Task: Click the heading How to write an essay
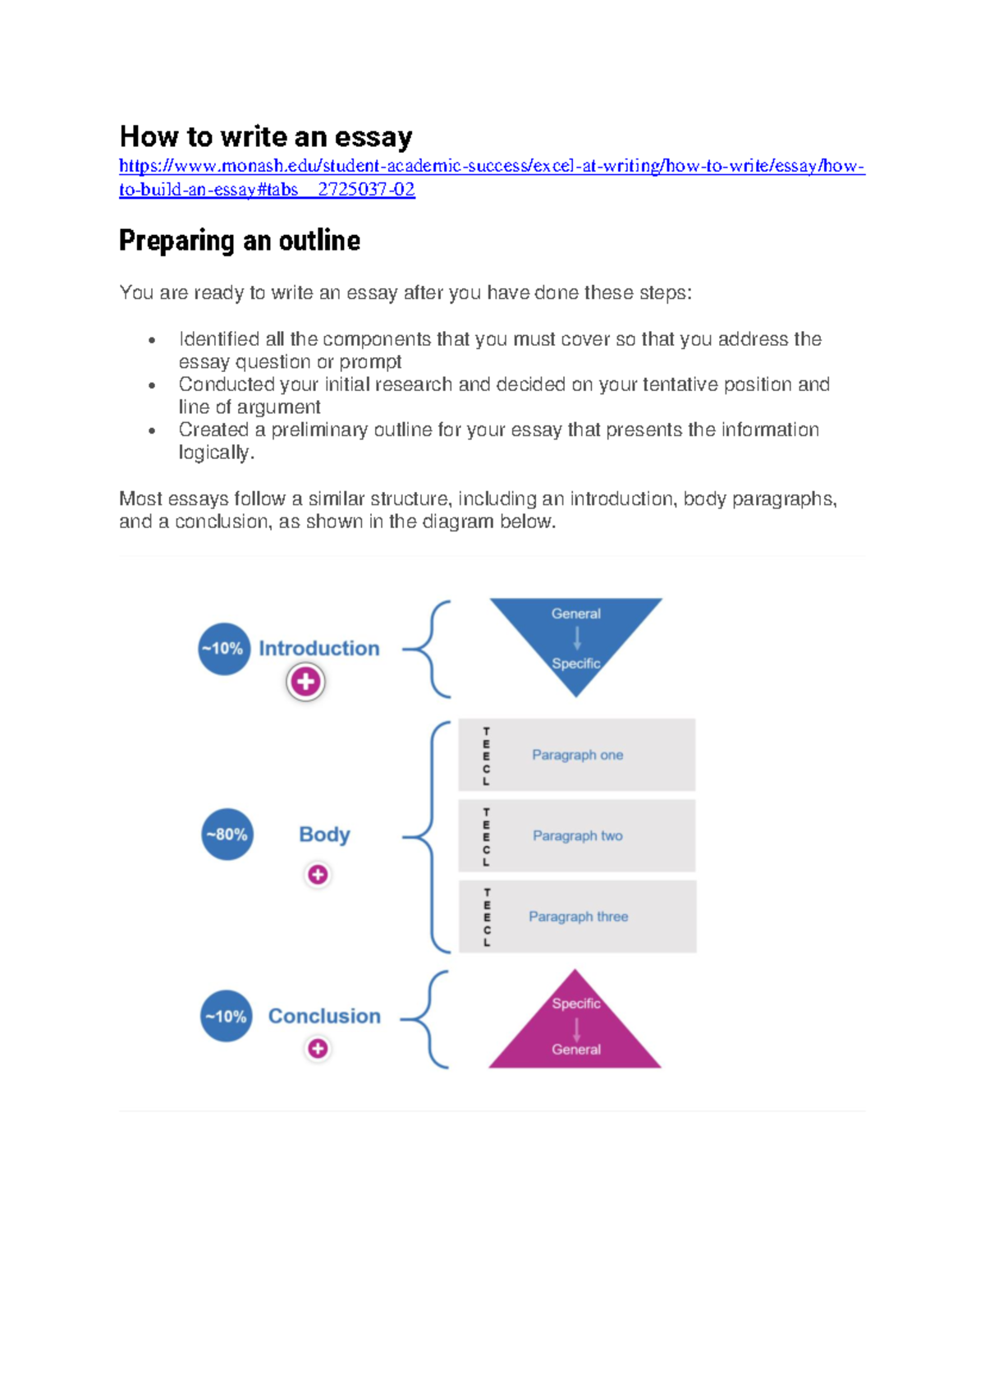click(265, 136)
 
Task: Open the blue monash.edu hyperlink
click(491, 167)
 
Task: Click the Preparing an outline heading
click(239, 241)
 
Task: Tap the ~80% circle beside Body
click(227, 834)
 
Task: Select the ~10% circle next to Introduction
click(223, 649)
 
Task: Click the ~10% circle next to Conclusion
click(226, 1017)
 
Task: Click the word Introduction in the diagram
click(318, 649)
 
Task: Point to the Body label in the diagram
click(324, 834)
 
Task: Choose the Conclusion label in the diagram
click(324, 1017)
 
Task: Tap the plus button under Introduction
click(305, 682)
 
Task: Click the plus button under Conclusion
click(318, 1049)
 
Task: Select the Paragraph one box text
click(577, 755)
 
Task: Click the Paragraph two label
click(577, 836)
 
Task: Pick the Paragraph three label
click(578, 917)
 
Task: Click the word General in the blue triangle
click(575, 614)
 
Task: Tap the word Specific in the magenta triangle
click(575, 1004)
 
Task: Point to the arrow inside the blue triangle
click(577, 638)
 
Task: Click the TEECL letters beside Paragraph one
click(486, 756)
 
